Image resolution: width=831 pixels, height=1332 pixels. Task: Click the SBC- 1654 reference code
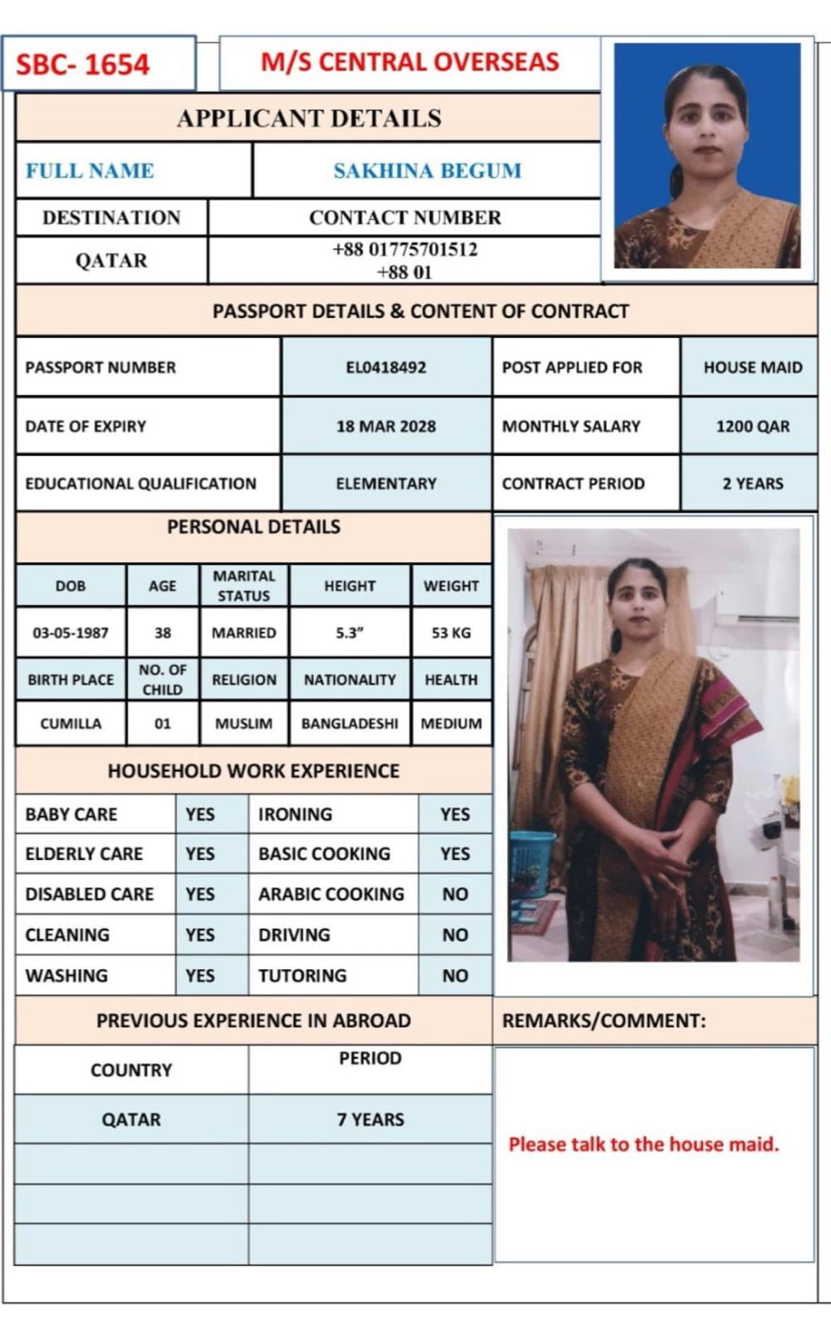coord(83,64)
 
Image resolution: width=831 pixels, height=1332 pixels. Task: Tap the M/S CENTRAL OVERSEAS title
coord(410,62)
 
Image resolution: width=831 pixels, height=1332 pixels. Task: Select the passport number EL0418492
coord(386,367)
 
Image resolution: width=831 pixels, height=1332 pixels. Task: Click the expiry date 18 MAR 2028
coord(386,426)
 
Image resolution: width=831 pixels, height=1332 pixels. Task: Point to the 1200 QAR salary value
coord(752,426)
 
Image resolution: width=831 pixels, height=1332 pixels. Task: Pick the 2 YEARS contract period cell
coord(752,484)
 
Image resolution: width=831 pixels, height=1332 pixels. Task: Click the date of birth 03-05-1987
coord(70,633)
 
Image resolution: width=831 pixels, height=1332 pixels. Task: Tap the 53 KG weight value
coord(450,633)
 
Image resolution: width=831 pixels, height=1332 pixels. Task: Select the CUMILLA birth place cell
coord(70,723)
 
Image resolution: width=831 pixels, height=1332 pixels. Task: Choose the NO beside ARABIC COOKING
coord(455,894)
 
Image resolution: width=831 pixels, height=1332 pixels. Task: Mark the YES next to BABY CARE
coord(200,814)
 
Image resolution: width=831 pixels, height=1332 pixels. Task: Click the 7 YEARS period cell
coord(370,1120)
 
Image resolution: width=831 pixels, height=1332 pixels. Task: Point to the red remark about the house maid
coord(644,1145)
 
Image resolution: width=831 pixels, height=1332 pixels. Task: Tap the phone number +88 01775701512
coord(405,250)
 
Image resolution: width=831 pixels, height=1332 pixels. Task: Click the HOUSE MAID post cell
coord(752,367)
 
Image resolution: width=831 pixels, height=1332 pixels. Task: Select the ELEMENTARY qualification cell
coord(386,484)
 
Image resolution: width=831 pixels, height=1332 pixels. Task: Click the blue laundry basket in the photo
coord(530,862)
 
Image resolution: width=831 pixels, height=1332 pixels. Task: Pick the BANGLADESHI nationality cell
coord(350,723)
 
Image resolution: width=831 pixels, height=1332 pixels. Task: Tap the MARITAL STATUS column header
coord(243,586)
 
